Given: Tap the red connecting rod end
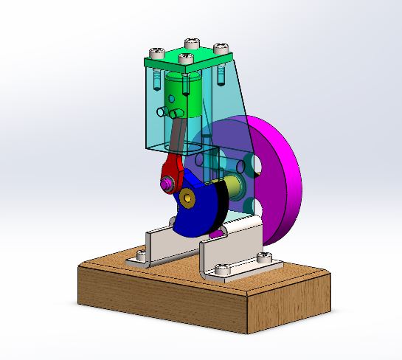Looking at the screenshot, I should tap(170, 170).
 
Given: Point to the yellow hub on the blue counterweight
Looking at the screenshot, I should tap(190, 196).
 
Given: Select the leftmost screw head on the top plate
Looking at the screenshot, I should tap(156, 52).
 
